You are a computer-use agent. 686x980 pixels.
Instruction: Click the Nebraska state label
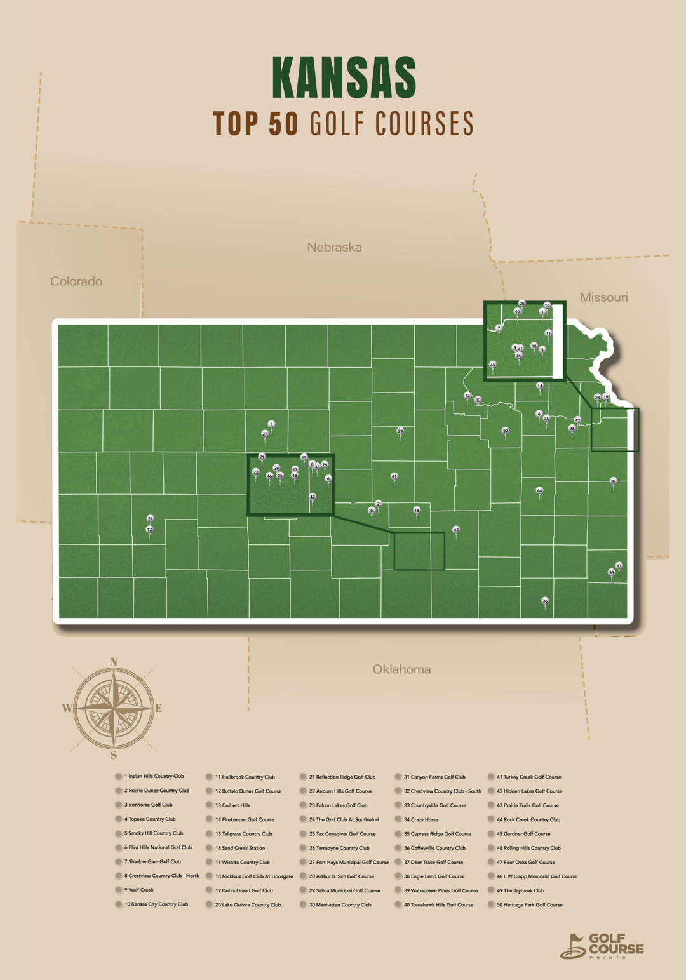[x=334, y=247]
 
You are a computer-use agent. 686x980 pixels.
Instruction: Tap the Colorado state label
[x=76, y=281]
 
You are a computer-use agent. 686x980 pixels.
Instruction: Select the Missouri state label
[x=603, y=297]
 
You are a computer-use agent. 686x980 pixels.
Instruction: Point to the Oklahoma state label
[x=401, y=669]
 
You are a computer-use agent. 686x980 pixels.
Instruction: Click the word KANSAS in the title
[x=344, y=77]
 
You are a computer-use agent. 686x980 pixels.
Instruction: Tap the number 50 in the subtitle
[x=283, y=124]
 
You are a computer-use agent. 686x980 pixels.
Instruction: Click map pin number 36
[x=544, y=601]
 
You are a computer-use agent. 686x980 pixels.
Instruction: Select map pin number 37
[x=613, y=481]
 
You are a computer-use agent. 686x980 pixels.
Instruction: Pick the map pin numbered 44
[x=539, y=491]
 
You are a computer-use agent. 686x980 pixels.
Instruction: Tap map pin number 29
[x=400, y=431]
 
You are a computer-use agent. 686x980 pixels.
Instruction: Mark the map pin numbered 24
[x=151, y=519]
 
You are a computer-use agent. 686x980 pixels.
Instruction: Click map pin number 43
[x=455, y=530]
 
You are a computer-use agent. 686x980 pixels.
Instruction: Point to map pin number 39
[x=506, y=431]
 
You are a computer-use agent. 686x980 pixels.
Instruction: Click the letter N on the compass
[x=114, y=662]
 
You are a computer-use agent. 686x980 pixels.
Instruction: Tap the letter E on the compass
[x=159, y=708]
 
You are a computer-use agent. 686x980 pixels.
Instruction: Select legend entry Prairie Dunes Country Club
[x=156, y=791]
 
